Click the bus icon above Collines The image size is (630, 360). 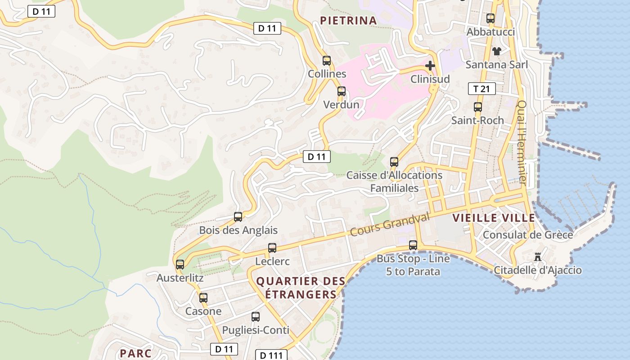[x=327, y=60]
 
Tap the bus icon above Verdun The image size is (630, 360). [x=342, y=91]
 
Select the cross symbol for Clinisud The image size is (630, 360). [x=430, y=66]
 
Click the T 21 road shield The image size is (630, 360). [x=481, y=89]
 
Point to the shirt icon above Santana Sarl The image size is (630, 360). [x=496, y=51]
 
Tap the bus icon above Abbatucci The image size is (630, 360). [x=490, y=18]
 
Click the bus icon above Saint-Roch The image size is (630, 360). [x=478, y=107]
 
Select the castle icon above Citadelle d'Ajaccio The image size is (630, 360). [x=538, y=257]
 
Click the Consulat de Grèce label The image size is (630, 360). [x=527, y=235]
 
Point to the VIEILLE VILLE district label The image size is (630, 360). [x=494, y=218]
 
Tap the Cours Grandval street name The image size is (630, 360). [x=390, y=225]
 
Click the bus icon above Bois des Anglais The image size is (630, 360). [x=238, y=217]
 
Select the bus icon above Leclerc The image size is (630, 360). [x=272, y=248]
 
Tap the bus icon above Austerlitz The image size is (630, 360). [x=180, y=265]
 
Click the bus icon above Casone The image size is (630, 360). [x=203, y=297]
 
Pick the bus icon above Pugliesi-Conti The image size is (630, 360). [x=256, y=317]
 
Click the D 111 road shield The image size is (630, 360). [x=271, y=355]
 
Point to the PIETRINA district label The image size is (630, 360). [x=348, y=20]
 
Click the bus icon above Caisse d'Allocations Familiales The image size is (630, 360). [x=394, y=162]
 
